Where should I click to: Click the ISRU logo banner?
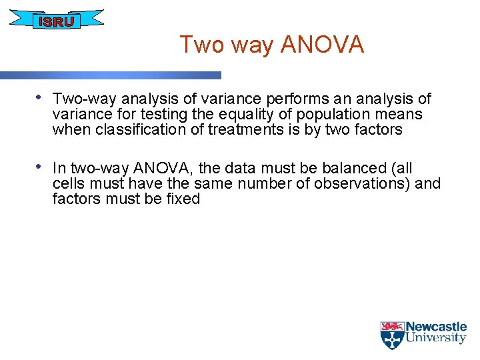coord(57,21)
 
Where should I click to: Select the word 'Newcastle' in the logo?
coord(436,327)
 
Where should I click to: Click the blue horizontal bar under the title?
coord(110,75)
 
